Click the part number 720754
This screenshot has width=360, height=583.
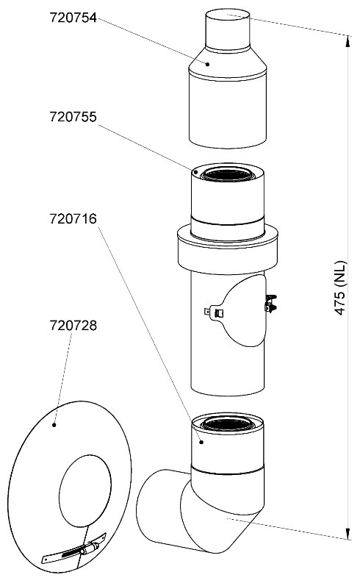pos(73,18)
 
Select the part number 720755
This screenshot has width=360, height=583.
pos(73,117)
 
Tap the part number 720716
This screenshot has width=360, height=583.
pos(73,218)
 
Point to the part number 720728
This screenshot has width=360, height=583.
pos(73,326)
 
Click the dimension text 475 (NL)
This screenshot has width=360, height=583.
pos(340,288)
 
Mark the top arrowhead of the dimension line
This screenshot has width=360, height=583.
pos(348,41)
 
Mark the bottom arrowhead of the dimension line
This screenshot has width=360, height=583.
pos(348,533)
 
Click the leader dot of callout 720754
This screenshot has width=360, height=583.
pos(208,64)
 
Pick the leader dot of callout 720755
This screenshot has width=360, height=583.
pos(195,172)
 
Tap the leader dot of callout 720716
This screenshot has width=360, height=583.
pos(201,442)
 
